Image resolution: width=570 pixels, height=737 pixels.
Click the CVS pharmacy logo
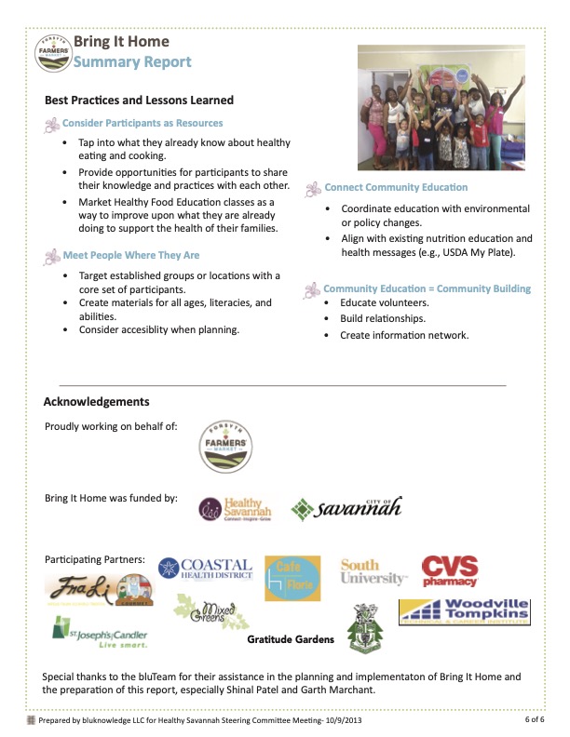coord(450,571)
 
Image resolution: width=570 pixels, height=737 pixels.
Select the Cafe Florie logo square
coord(292,578)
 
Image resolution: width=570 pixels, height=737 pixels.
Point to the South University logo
coord(373,571)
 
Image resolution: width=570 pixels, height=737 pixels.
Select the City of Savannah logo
coord(346,507)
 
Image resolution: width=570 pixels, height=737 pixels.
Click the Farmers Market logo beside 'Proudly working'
coord(227,446)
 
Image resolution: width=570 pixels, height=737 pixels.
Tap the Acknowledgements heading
coord(97,402)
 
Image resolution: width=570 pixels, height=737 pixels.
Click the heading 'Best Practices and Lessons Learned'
coord(139,100)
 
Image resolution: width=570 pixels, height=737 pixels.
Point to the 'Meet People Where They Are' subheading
coord(130,255)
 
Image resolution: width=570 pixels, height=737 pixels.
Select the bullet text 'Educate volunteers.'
coord(384,303)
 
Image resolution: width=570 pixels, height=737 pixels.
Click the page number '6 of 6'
coord(535,720)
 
